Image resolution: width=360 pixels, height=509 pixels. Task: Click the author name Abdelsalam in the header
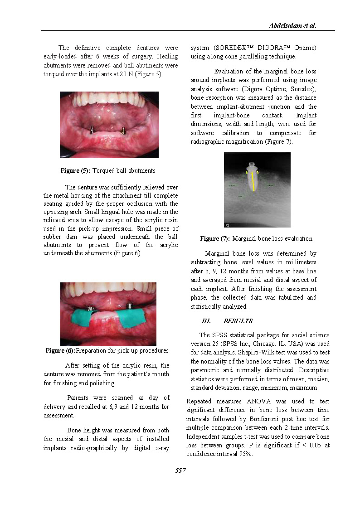(x=285, y=26)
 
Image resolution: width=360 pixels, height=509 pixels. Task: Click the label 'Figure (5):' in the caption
(x=75, y=171)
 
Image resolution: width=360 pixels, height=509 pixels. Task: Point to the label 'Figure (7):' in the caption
(x=215, y=238)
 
